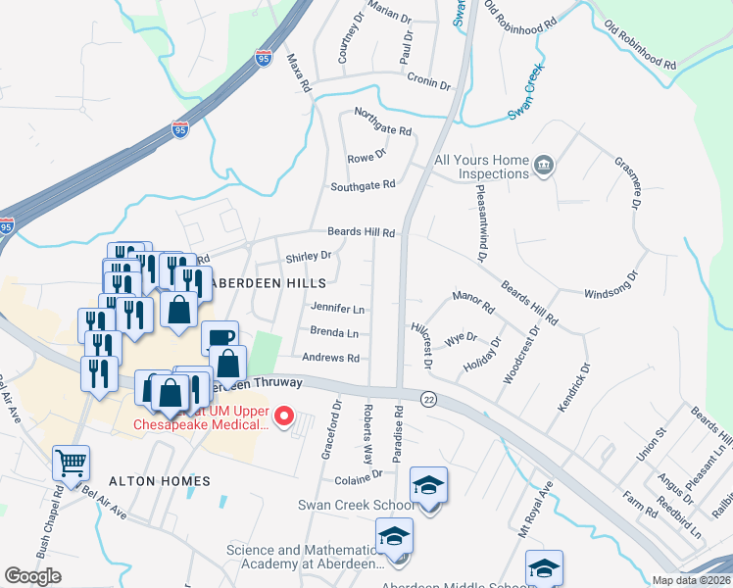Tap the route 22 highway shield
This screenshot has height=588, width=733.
(x=429, y=398)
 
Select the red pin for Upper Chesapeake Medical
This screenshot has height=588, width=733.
(x=284, y=416)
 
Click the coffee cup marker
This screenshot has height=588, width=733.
(x=220, y=338)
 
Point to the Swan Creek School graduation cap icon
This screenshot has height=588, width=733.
(x=428, y=486)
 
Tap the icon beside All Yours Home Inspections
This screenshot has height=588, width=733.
(x=542, y=166)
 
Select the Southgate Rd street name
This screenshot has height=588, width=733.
(x=363, y=184)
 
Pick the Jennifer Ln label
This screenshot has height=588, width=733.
(x=337, y=308)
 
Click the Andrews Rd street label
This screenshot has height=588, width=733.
(x=332, y=359)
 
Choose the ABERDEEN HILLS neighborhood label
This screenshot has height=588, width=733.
(x=271, y=281)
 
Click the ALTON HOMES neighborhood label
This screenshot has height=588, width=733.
(x=159, y=481)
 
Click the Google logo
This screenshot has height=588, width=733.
(x=32, y=576)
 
